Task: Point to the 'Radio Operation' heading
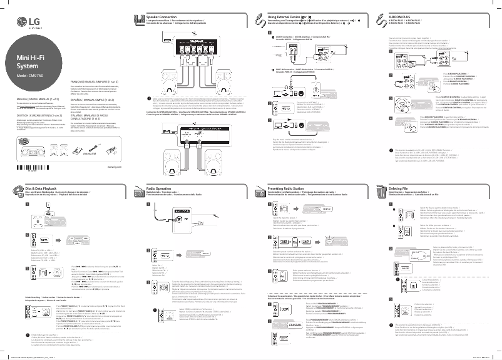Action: pyautogui.click(x=160, y=188)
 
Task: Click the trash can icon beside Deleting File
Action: pyautogui.click(x=382, y=189)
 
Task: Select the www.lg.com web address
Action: pyautogui.click(x=115, y=167)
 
